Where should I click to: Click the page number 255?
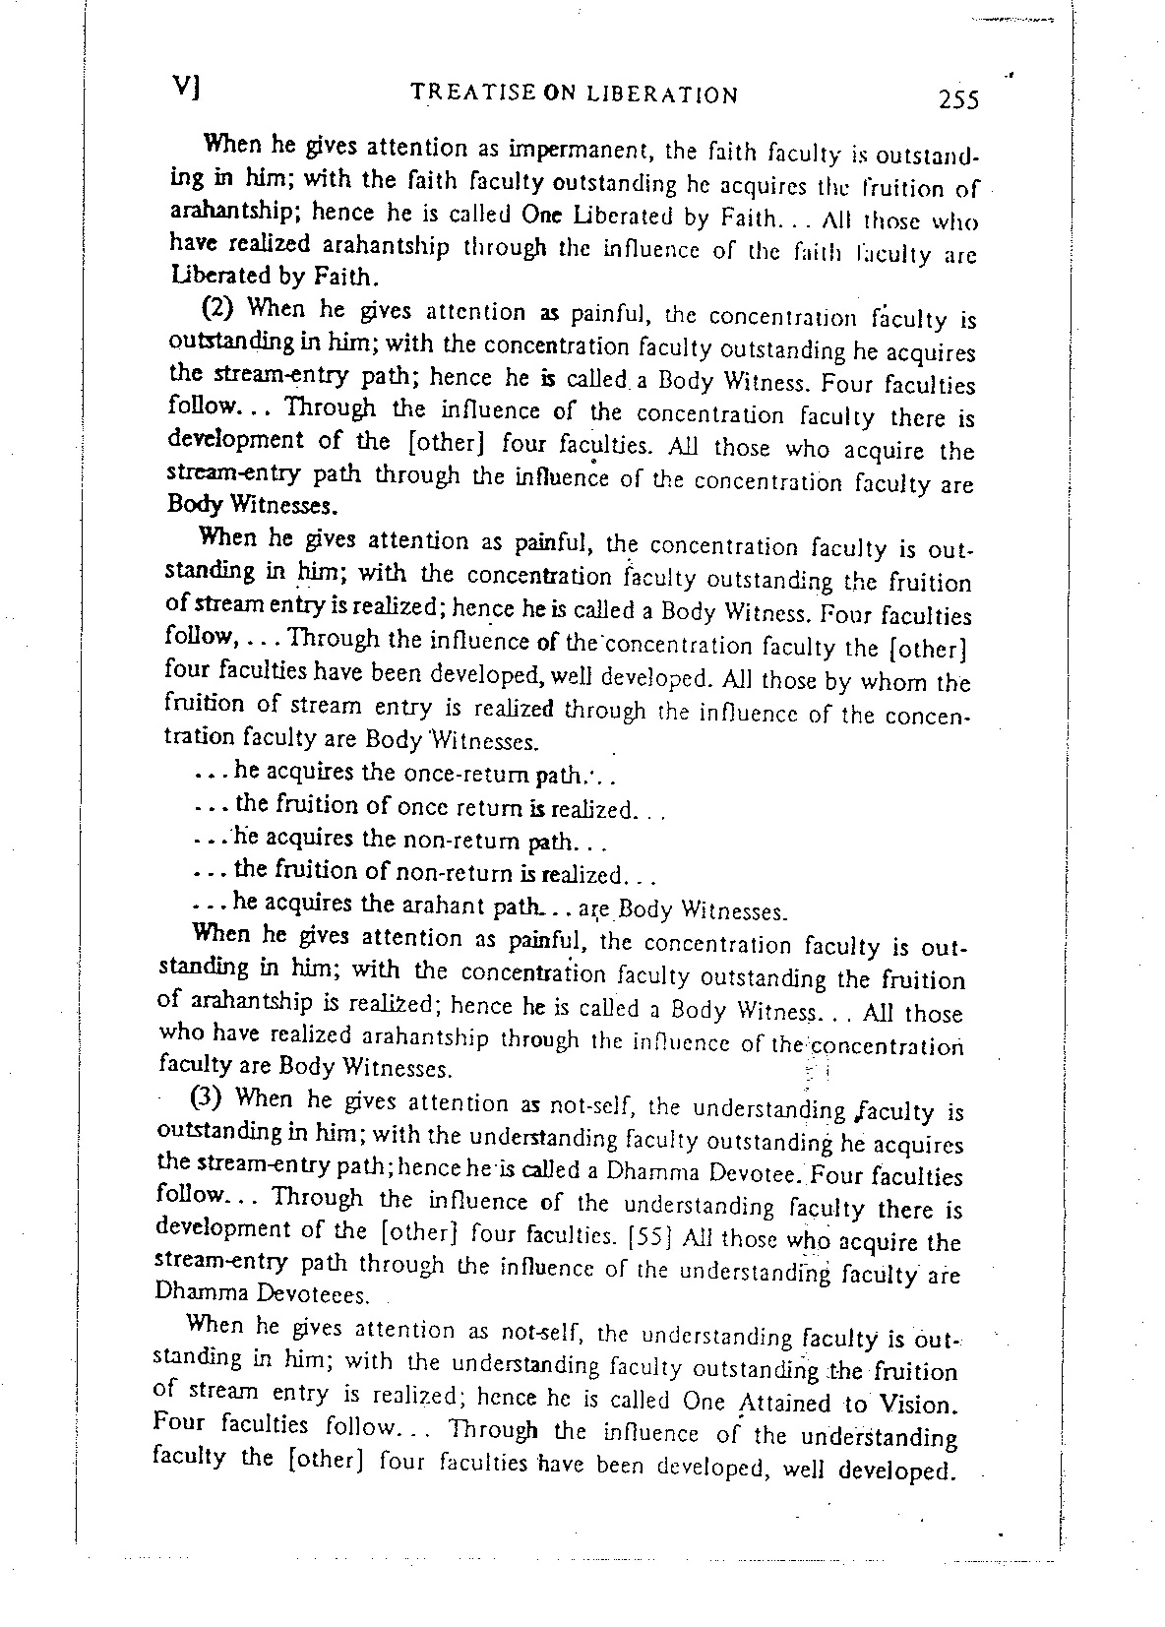(x=958, y=99)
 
